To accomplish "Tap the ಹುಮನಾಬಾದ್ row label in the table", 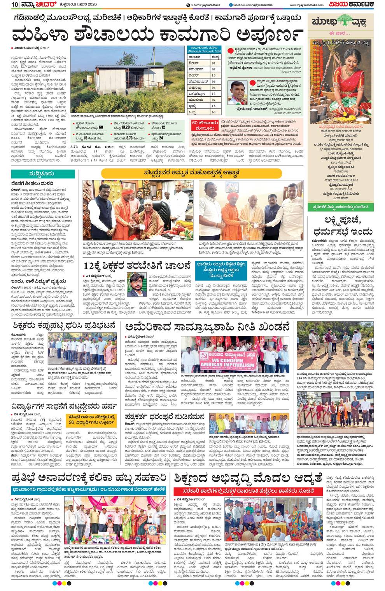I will coord(198,81).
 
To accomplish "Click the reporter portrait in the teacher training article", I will coord(134,284).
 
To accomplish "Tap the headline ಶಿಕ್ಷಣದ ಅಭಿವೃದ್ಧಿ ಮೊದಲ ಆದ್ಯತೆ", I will coord(249,478).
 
